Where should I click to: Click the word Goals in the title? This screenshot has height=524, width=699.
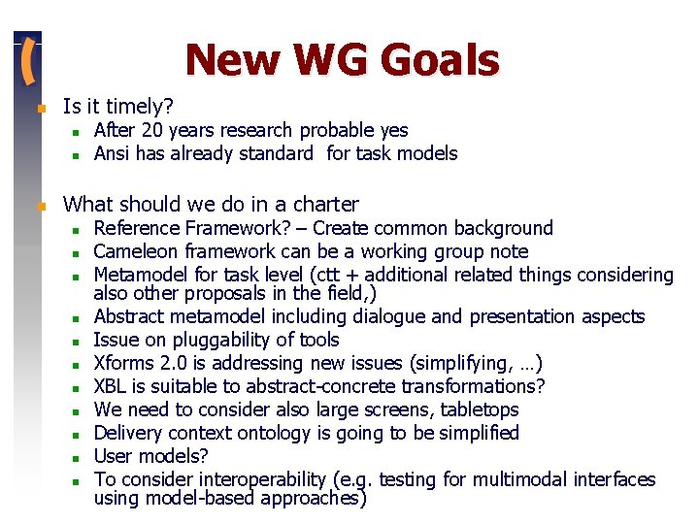pyautogui.click(x=441, y=60)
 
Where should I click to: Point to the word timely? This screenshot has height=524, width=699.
pyautogui.click(x=137, y=106)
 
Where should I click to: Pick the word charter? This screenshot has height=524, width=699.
pyautogui.click(x=325, y=205)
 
